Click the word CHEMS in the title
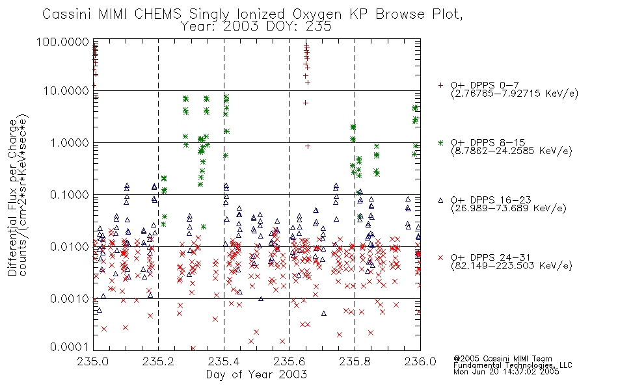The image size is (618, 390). [157, 14]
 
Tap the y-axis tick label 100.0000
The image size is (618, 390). [62, 42]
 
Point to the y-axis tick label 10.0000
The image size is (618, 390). [66, 91]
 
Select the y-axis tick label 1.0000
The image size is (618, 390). [70, 143]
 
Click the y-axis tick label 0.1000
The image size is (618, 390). [70, 195]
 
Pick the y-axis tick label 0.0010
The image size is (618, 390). [70, 299]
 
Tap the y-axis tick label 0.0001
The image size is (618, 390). [70, 347]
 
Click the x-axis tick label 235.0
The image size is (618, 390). [92, 361]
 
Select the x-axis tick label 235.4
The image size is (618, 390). [224, 361]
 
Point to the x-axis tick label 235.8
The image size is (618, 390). [355, 361]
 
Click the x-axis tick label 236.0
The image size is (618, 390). [420, 361]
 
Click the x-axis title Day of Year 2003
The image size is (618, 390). [256, 374]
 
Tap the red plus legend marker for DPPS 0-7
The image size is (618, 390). [440, 85]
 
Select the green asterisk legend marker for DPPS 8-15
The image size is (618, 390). [440, 142]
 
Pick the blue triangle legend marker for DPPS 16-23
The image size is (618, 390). [440, 200]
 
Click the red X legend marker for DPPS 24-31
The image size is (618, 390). [440, 257]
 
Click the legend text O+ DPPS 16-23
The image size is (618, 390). [491, 200]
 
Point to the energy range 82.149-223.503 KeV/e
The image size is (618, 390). [511, 266]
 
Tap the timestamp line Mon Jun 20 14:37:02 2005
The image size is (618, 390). [506, 372]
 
